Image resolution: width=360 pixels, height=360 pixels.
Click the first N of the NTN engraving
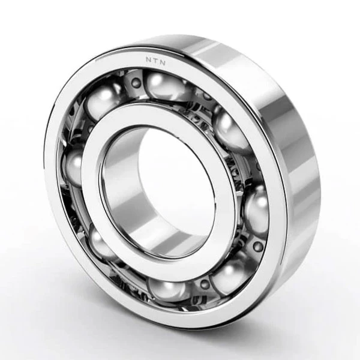149,59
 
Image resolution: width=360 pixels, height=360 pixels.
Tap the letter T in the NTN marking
155,61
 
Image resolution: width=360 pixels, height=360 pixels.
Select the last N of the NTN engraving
163,62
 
